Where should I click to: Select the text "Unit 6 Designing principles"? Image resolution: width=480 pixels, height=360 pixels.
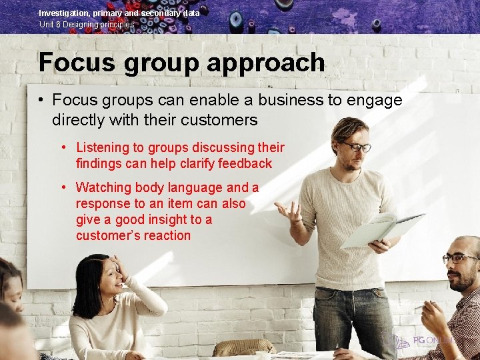pyautogui.click(x=86, y=25)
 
